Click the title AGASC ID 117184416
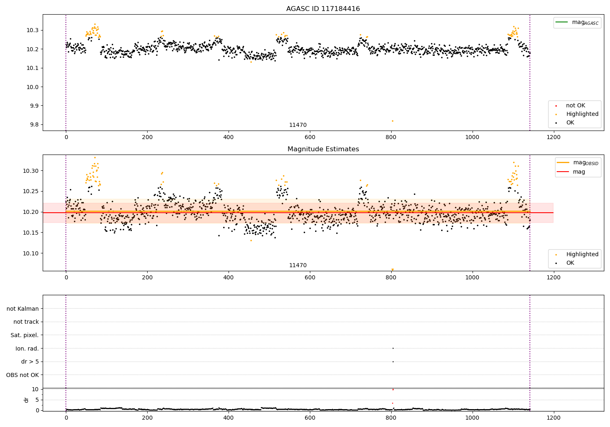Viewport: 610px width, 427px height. [323, 9]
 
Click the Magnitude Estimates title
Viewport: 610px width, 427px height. [323, 149]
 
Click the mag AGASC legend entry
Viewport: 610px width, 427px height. [577, 22]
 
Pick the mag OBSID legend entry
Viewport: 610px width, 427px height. [577, 163]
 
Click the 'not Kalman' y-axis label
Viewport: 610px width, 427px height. [23, 309]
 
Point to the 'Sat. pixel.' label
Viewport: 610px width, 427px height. [24, 335]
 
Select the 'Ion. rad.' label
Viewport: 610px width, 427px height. [27, 349]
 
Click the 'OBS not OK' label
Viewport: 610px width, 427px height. [22, 375]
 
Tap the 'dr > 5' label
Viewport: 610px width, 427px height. [30, 362]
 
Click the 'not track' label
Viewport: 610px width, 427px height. [26, 322]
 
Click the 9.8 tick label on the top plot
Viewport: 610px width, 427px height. [34, 125]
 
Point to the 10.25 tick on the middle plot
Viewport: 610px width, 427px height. [31, 192]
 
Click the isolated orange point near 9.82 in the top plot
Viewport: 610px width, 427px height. [392, 121]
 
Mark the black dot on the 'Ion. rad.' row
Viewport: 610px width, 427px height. [393, 348]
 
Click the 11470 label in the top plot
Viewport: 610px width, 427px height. [298, 125]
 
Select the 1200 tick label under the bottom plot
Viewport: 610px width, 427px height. [553, 418]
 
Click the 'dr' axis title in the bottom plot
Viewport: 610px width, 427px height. [26, 400]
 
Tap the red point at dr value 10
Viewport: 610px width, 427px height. [393, 390]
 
